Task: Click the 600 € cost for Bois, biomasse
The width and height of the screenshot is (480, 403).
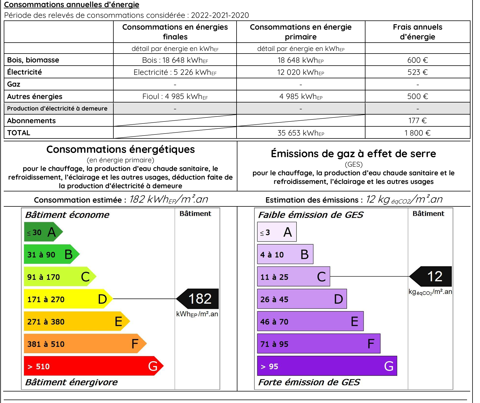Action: pos(417,60)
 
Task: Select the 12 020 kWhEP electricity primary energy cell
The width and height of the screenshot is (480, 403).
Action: pos(300,72)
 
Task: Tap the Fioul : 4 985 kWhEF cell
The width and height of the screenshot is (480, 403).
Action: pos(175,96)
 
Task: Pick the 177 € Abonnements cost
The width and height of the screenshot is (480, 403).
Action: pos(417,121)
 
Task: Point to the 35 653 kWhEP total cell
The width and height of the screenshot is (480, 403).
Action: pos(300,133)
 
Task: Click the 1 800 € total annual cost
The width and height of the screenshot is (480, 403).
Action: pos(417,133)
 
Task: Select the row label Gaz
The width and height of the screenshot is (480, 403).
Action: pos(14,84)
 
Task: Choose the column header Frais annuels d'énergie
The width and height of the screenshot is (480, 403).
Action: pos(417,32)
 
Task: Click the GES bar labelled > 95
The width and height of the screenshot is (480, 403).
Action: pos(327,366)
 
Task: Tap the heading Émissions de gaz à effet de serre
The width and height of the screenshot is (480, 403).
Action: pos(353,154)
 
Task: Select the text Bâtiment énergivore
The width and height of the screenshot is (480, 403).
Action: pos(71,382)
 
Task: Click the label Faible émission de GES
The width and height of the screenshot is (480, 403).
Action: pos(311,215)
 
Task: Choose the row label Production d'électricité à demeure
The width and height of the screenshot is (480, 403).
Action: pos(57,109)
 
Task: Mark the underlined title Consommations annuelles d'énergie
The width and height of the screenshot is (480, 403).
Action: pos(72,5)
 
